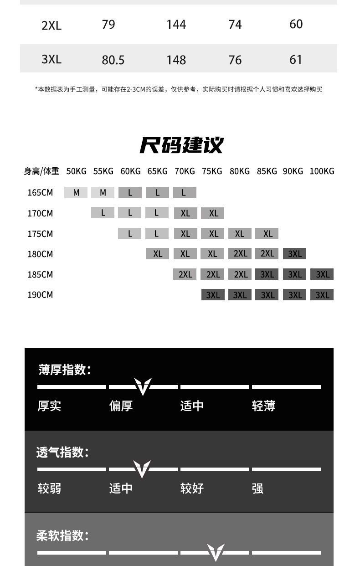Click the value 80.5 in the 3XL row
[x=113, y=60]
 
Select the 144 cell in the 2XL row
[x=176, y=24]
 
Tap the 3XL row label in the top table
[x=51, y=59]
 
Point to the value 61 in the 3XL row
[x=296, y=59]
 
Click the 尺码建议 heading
[x=181, y=145]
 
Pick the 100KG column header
[x=322, y=171]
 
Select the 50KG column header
[x=76, y=171]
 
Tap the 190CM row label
[x=40, y=295]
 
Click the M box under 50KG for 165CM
[x=76, y=193]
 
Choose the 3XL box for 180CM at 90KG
[x=295, y=254]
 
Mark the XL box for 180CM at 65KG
[x=158, y=254]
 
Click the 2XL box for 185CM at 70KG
[x=185, y=274]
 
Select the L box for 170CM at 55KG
[x=103, y=213]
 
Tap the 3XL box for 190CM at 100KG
[x=322, y=295]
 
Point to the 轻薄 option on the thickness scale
[x=263, y=406]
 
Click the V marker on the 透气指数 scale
[x=142, y=469]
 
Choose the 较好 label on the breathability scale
[x=192, y=489]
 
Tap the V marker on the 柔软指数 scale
[x=216, y=552]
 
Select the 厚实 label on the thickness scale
[x=49, y=406]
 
